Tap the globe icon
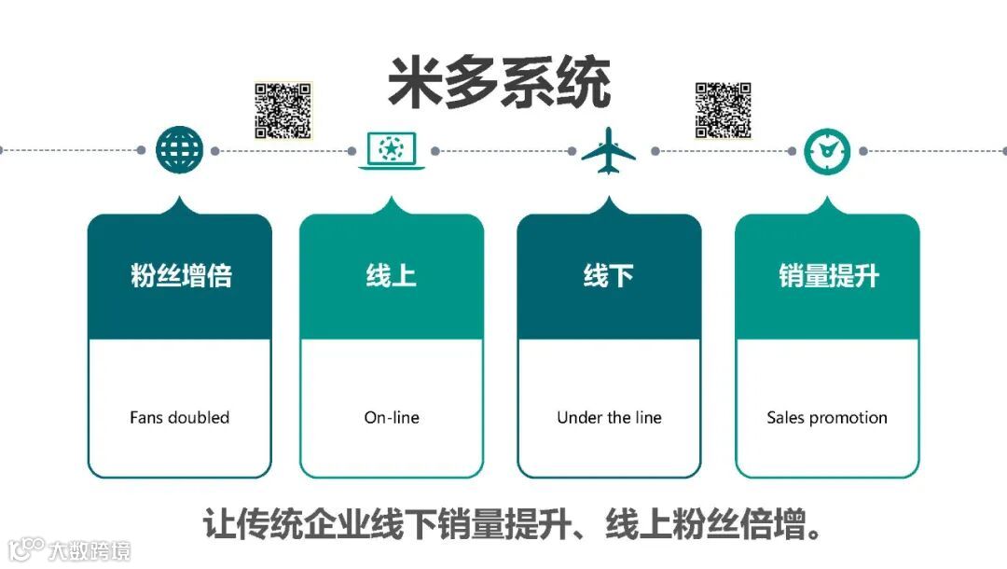pos(179,149)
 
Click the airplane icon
pos(608,150)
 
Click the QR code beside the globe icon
pos(283,110)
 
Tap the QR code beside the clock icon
pos(723,110)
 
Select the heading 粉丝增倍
pos(180,276)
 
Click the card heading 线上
pos(392,276)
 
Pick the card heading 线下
pos(608,276)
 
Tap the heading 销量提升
pos(828,276)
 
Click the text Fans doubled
pos(179,418)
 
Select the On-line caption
pos(392,418)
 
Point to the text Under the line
pos(609,418)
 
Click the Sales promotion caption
pos(827,418)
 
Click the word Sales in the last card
pos(784,418)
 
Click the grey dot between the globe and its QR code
pos(215,150)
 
